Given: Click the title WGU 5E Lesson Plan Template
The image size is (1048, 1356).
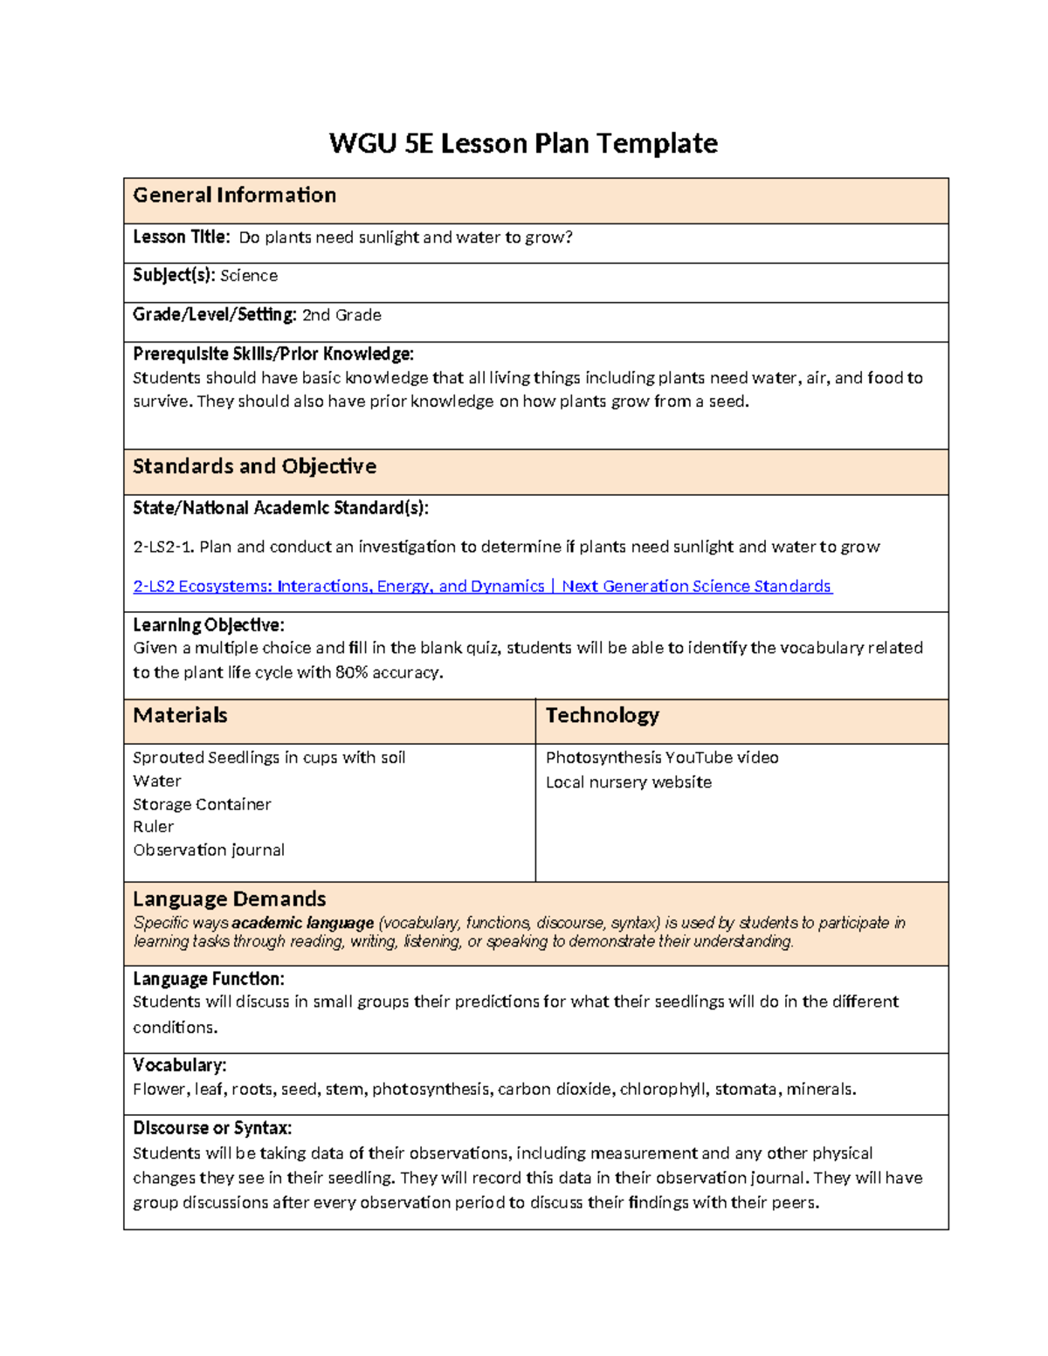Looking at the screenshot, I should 523,143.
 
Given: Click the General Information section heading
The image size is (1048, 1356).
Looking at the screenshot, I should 234,196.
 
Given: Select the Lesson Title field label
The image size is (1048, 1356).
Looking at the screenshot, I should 182,237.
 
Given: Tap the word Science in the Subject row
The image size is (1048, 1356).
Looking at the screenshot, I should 249,276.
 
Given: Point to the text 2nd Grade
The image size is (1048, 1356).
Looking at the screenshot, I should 341,315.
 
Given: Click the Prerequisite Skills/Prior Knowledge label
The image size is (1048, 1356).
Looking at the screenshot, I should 272,354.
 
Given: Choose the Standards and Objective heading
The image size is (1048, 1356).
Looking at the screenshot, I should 254,467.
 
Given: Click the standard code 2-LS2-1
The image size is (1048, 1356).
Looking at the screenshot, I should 163,547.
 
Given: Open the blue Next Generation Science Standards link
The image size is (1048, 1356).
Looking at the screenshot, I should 482,587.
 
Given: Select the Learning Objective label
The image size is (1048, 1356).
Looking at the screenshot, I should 208,625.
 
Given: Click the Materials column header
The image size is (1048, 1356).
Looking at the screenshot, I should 180,716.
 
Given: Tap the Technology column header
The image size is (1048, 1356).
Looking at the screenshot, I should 602,716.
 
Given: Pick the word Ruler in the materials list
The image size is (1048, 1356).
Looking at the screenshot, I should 153,827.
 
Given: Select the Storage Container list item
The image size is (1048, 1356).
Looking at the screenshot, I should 202,804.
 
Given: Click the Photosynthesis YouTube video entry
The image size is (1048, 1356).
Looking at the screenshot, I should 662,758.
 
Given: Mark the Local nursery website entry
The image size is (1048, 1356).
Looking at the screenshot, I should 628,782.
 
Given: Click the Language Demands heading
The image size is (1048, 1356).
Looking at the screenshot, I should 229,899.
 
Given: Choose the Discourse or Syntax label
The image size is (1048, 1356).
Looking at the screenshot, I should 212,1128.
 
